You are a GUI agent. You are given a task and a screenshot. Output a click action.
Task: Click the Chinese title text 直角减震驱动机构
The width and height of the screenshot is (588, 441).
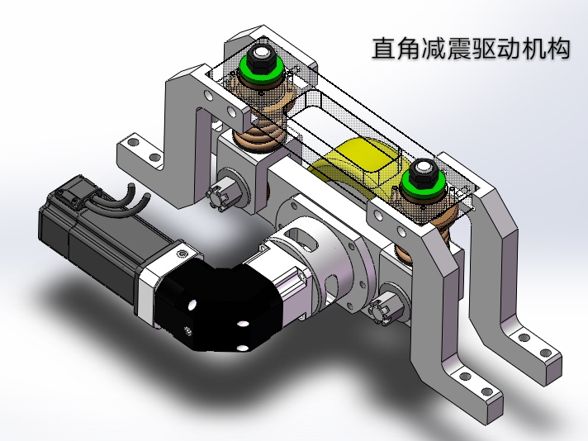(471, 49)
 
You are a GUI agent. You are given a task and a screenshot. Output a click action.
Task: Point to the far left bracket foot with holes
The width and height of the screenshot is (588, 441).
(141, 154)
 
